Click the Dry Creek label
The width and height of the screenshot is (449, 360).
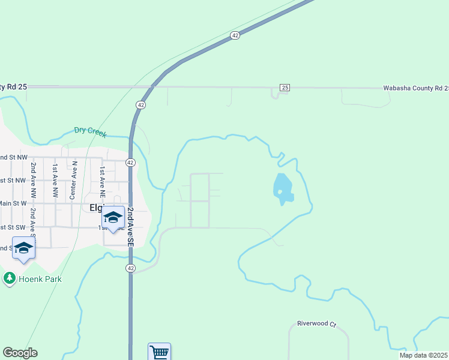(90, 130)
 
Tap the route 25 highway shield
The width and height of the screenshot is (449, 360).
(285, 88)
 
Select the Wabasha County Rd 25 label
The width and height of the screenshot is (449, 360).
(415, 88)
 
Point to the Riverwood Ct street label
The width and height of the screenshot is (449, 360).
(316, 323)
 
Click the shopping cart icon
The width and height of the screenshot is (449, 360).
(159, 352)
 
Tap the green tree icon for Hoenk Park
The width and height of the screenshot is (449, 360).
(9, 278)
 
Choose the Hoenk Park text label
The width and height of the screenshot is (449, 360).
(39, 279)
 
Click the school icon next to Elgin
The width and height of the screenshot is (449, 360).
(113, 217)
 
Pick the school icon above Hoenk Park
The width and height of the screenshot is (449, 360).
(23, 248)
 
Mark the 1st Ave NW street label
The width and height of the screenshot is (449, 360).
(55, 181)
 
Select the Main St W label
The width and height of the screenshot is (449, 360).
(13, 203)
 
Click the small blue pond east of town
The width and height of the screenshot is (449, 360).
(283, 188)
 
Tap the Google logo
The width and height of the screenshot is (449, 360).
(20, 353)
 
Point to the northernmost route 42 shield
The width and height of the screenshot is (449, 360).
(235, 35)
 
